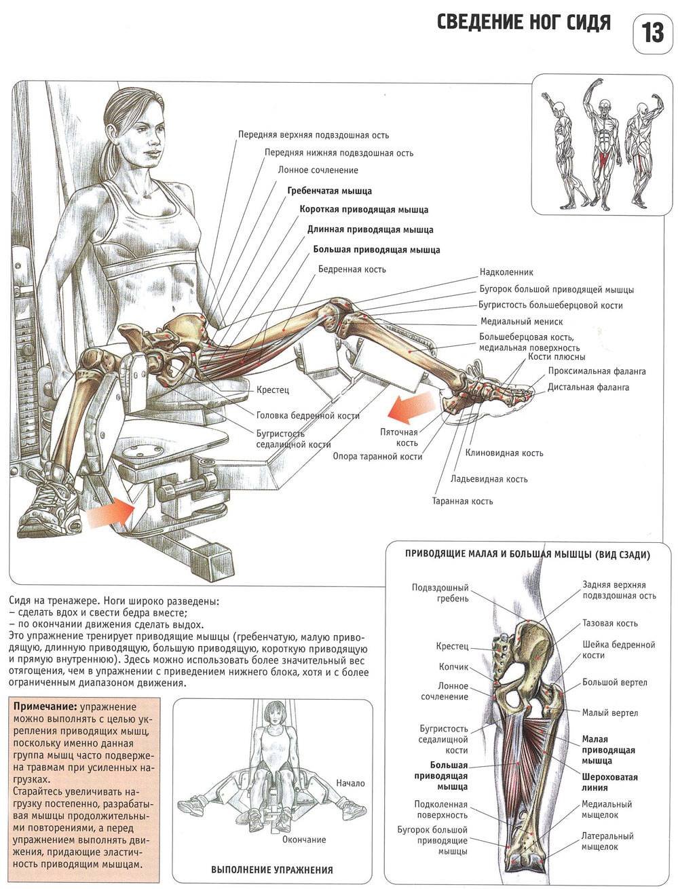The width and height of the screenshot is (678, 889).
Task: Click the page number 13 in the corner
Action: coord(652,31)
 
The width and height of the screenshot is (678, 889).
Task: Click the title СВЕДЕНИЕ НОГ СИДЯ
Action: coord(523,23)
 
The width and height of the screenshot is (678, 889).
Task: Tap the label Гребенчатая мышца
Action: coord(329,191)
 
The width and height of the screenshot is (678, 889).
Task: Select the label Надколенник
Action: coord(506,271)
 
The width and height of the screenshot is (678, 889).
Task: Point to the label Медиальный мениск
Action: coord(521,321)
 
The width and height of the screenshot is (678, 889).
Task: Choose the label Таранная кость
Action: coord(462,502)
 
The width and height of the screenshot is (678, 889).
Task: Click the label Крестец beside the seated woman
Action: coord(273,390)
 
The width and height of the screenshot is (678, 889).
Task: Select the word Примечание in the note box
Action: coord(40,706)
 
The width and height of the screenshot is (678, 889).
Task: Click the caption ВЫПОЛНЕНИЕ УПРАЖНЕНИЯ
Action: coord(272,870)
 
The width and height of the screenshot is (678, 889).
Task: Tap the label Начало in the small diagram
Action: coord(350,783)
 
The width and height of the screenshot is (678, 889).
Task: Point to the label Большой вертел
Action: coord(614,682)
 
